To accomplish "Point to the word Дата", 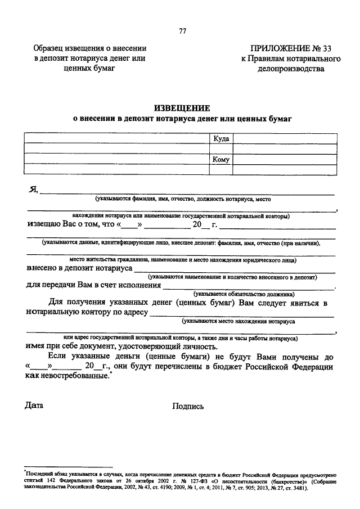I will pyautogui.click(x=34, y=405).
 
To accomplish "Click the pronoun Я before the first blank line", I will pyautogui.click(x=33, y=190).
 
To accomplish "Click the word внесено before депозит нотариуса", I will pyautogui.click(x=43, y=269).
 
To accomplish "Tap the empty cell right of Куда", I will pyautogui.click(x=284, y=138).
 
